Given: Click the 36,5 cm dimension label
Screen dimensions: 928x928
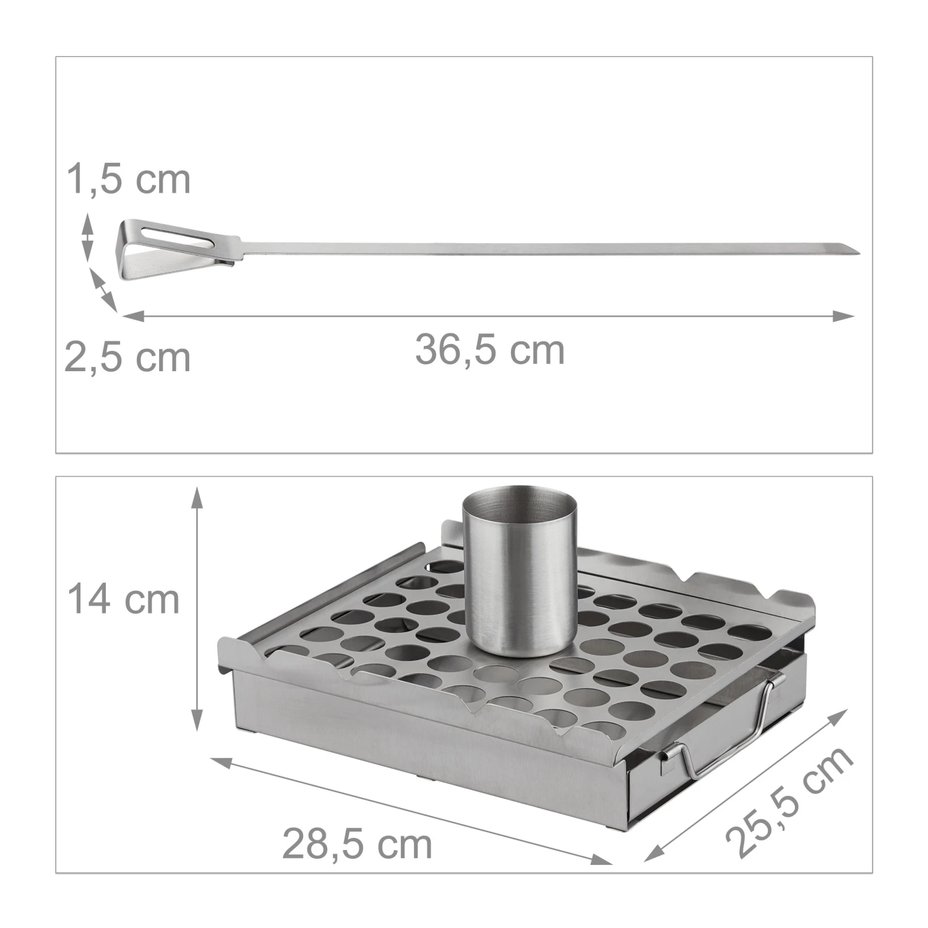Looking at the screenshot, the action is pos(490,350).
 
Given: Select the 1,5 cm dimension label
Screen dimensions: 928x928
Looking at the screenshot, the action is pos(129,179).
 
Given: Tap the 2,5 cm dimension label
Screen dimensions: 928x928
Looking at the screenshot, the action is pos(127,358).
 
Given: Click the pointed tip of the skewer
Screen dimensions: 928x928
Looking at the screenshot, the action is pos(859,251).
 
